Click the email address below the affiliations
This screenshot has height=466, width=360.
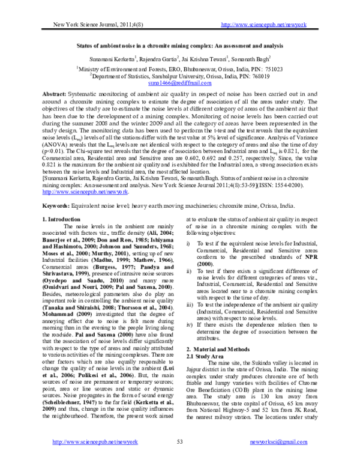(x=180, y=85)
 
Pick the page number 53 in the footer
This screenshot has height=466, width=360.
(x=180, y=459)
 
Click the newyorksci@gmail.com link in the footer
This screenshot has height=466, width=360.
(x=281, y=459)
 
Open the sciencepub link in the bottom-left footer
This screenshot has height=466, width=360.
(x=90, y=459)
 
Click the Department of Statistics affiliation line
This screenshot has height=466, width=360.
(x=179, y=77)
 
